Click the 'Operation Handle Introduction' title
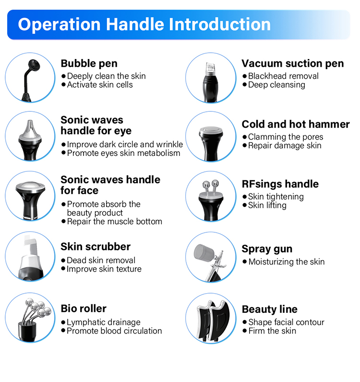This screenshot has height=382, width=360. coord(144,24)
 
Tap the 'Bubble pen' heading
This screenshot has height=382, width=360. coord(89,63)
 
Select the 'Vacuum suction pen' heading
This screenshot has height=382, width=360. coord(292,63)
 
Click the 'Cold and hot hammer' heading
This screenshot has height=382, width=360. coord(296,124)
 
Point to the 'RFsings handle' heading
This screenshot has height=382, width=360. coord(280,184)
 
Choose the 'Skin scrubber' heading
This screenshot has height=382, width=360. coord(96,247)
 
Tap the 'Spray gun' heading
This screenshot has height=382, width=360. coord(267,249)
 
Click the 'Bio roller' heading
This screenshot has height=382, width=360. coord(84,309)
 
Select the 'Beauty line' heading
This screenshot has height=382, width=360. coord(270,310)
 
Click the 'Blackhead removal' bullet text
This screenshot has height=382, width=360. coord(283,76)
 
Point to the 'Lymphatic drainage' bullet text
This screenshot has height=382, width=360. coord(104,322)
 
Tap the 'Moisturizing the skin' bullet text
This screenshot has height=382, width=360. coord(287,262)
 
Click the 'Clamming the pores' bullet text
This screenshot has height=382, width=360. coord(286,137)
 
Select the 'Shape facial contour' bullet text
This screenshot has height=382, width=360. coord(286,322)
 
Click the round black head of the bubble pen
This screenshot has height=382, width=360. coord(34,65)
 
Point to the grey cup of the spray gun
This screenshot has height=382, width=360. coord(204,252)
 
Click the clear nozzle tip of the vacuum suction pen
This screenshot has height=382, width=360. coord(210,66)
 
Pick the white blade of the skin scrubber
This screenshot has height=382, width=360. coord(30,246)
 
